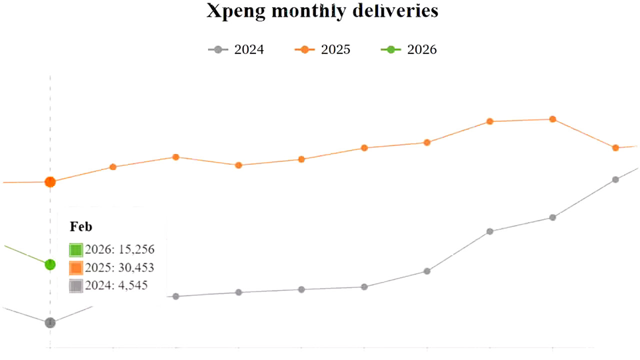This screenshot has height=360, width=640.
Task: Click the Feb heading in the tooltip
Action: coord(81,226)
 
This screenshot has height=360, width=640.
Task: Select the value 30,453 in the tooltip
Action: coord(136,267)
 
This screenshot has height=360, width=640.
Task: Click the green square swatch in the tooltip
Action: coord(76,249)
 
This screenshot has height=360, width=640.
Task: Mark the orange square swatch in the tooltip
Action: coord(76,267)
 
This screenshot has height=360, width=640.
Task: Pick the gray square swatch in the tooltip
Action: coord(76,285)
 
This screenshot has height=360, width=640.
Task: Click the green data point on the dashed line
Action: coord(50,264)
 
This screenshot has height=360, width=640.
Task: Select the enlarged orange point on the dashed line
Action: coord(50,182)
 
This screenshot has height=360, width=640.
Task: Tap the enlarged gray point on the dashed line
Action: coord(50,323)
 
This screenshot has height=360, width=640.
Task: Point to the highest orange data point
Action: coord(552,119)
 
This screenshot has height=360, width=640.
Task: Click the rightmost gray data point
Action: coord(615,179)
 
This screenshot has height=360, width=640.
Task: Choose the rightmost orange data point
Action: coord(615,147)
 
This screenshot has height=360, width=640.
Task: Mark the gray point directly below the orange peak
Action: coord(552,217)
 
